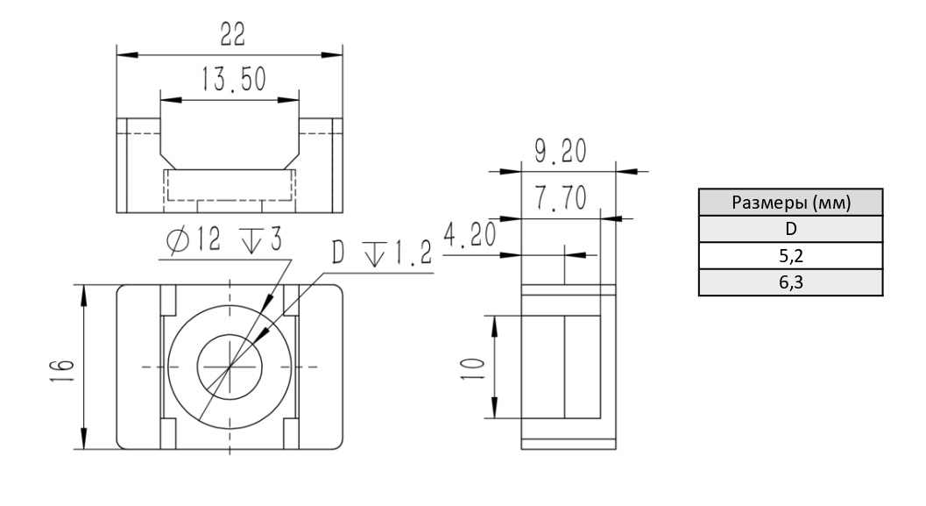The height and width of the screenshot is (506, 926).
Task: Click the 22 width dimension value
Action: click(x=232, y=33)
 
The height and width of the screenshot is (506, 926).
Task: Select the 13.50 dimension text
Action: click(x=234, y=79)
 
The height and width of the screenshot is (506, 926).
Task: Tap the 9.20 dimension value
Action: click(x=561, y=151)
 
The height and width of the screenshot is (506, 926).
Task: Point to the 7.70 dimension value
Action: click(x=561, y=197)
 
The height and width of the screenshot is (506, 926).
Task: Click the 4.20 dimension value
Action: click(x=470, y=235)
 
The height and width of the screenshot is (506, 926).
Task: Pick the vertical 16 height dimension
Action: click(x=62, y=371)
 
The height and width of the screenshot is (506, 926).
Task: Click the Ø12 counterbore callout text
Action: click(x=223, y=240)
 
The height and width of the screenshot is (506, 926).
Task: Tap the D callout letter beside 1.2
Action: click(x=338, y=252)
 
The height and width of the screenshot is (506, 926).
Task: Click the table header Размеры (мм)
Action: click(x=791, y=203)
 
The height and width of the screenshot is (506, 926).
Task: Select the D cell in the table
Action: click(x=791, y=229)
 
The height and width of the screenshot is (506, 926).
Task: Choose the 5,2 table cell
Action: click(x=791, y=256)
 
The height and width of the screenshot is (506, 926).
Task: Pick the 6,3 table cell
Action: click(x=791, y=282)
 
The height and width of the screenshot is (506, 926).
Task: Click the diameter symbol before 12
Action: click(x=178, y=240)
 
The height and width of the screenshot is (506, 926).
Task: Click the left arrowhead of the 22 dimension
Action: click(x=127, y=55)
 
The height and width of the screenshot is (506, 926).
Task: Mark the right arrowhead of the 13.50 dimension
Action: click(x=288, y=100)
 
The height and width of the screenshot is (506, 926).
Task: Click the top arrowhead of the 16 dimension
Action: click(x=84, y=296)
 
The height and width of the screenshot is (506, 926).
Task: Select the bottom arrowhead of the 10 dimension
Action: click(x=494, y=408)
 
